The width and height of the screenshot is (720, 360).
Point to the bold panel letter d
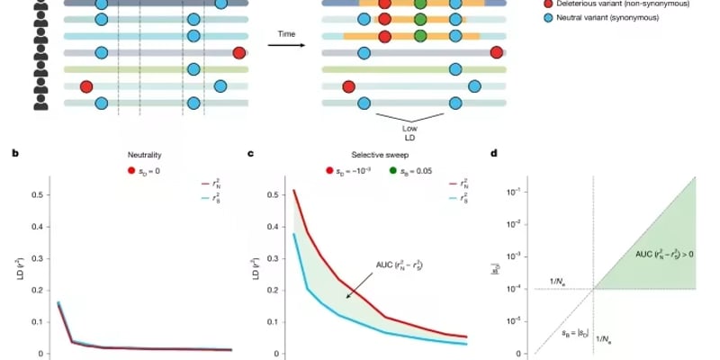[x=494, y=154]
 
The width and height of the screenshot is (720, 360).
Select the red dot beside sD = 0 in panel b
[x=131, y=170]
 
